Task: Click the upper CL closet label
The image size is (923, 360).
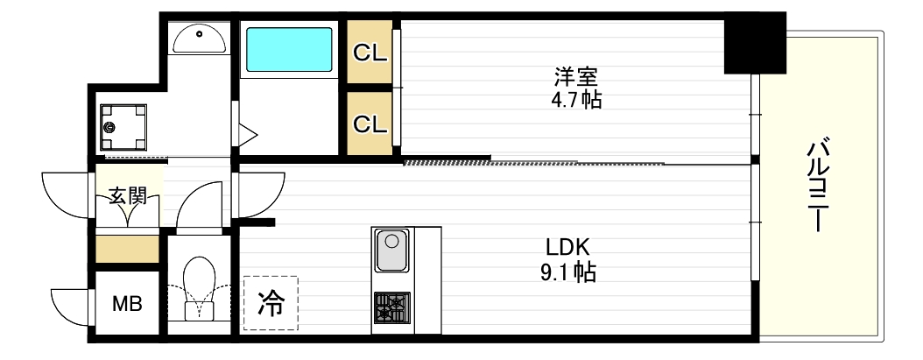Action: (370, 53)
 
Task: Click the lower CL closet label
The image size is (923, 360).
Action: (370, 124)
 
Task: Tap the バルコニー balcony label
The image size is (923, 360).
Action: (820, 184)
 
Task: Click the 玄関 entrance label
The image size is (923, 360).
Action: (127, 195)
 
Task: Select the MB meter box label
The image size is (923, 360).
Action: (127, 304)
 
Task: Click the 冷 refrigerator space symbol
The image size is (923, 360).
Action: (270, 303)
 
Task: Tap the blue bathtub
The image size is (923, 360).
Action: (289, 50)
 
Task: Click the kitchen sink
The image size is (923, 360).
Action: (391, 251)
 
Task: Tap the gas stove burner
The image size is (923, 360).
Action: (391, 309)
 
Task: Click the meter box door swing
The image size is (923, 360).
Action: (72, 306)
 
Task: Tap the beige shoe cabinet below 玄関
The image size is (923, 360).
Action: (127, 248)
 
